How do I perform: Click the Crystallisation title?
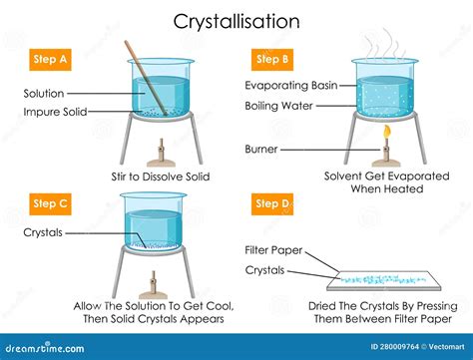coord(236,20)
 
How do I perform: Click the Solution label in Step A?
coord(43,94)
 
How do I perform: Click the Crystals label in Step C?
coord(43,233)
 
